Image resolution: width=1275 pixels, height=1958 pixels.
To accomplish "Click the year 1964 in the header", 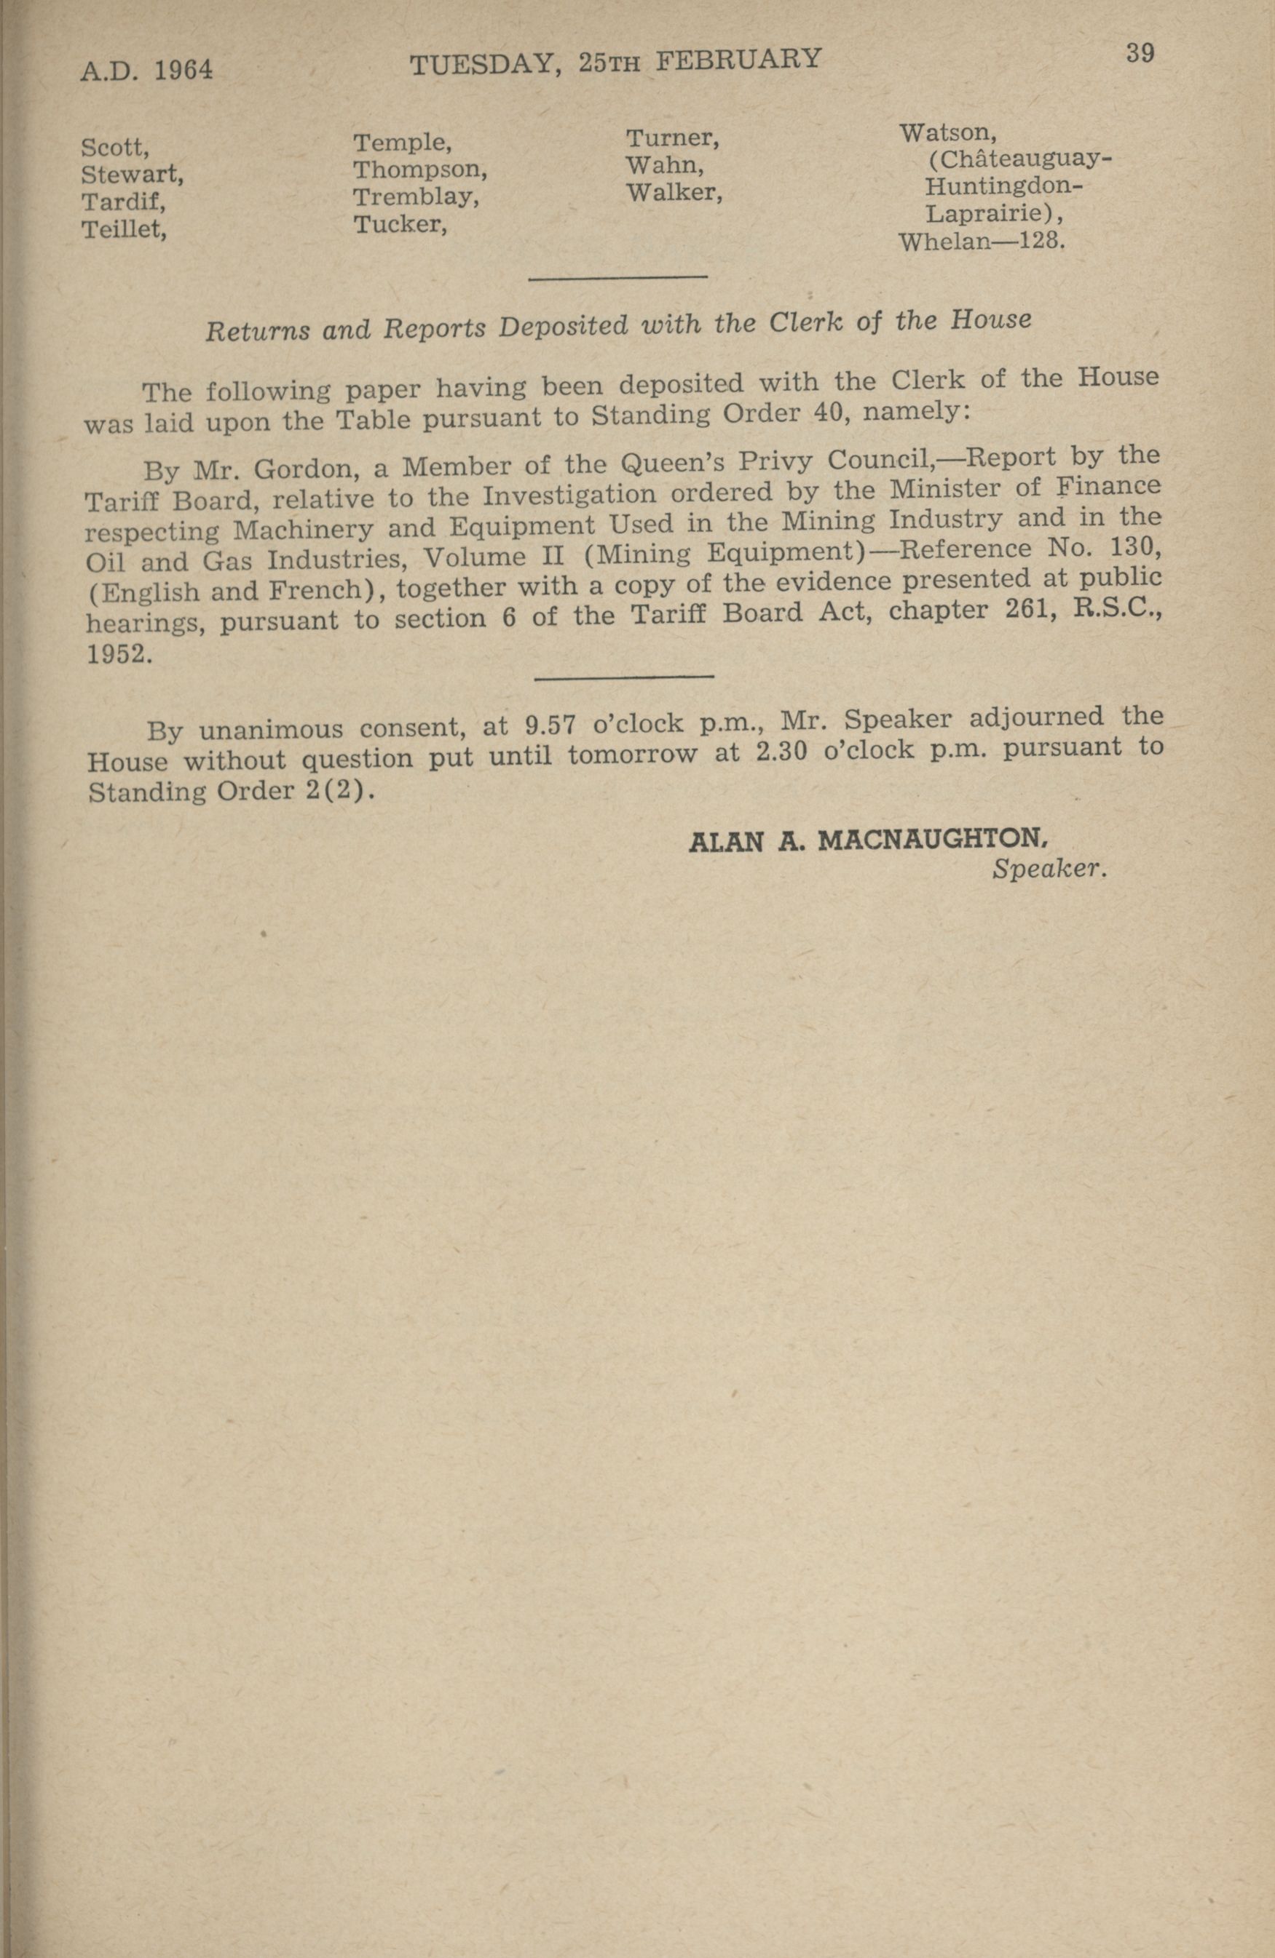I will pos(183,71).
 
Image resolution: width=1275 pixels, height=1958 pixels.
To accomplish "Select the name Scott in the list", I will pos(114,148).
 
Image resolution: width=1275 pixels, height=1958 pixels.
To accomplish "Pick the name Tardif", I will pos(121,202).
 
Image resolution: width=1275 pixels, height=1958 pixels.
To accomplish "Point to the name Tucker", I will pos(399,225).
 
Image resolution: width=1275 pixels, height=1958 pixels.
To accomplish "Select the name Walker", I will pos(674,193).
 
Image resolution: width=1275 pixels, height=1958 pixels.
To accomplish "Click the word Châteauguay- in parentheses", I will pos(1019,159).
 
